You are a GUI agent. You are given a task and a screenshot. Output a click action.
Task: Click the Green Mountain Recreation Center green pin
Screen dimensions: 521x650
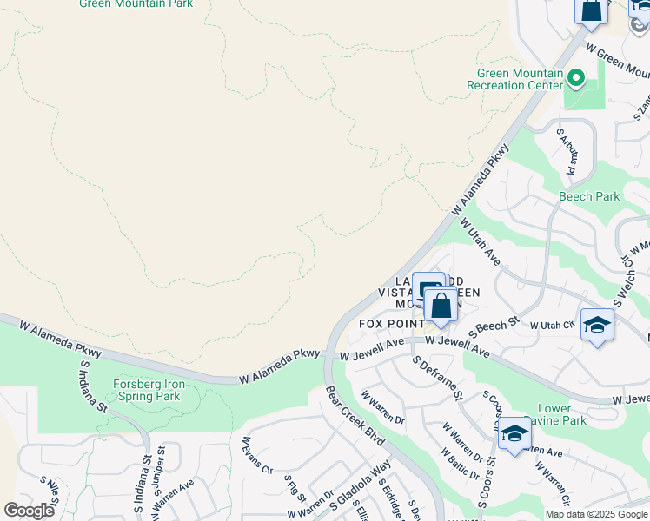point(575,80)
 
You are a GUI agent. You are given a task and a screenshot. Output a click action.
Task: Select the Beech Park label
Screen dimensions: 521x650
point(589,196)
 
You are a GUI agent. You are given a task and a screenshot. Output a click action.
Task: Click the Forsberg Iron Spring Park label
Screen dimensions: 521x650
point(147,390)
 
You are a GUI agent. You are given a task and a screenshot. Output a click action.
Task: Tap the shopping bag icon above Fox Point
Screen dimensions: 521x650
point(441,307)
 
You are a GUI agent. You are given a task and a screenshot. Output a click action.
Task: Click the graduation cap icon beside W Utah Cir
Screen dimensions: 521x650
point(597,326)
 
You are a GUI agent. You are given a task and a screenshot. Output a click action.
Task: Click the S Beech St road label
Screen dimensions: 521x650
point(494,326)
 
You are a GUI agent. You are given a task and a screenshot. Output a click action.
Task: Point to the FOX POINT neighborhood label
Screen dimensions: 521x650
point(392,324)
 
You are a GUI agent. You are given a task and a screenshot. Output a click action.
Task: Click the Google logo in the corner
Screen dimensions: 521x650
point(29,511)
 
